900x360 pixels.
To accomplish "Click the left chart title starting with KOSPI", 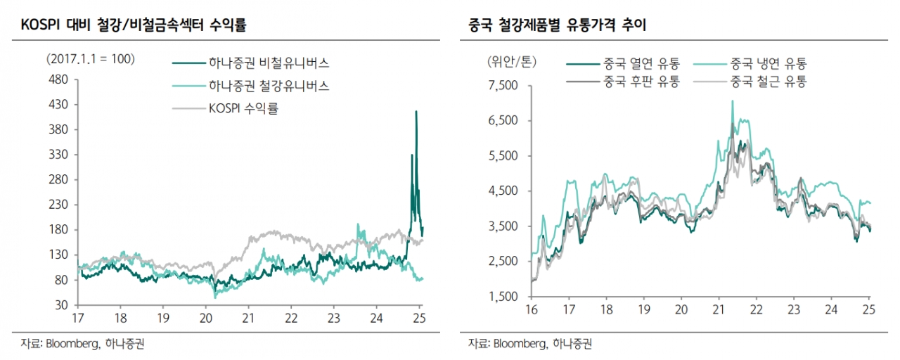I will click(x=134, y=26).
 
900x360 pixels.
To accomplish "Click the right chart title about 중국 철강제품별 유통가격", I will click(x=558, y=26).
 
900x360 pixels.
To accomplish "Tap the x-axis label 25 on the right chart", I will click(x=868, y=309).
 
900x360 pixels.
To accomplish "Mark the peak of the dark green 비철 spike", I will click(x=416, y=111).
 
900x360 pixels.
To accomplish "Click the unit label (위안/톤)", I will click(x=510, y=61).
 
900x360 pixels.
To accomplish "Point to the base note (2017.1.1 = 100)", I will click(x=89, y=58).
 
